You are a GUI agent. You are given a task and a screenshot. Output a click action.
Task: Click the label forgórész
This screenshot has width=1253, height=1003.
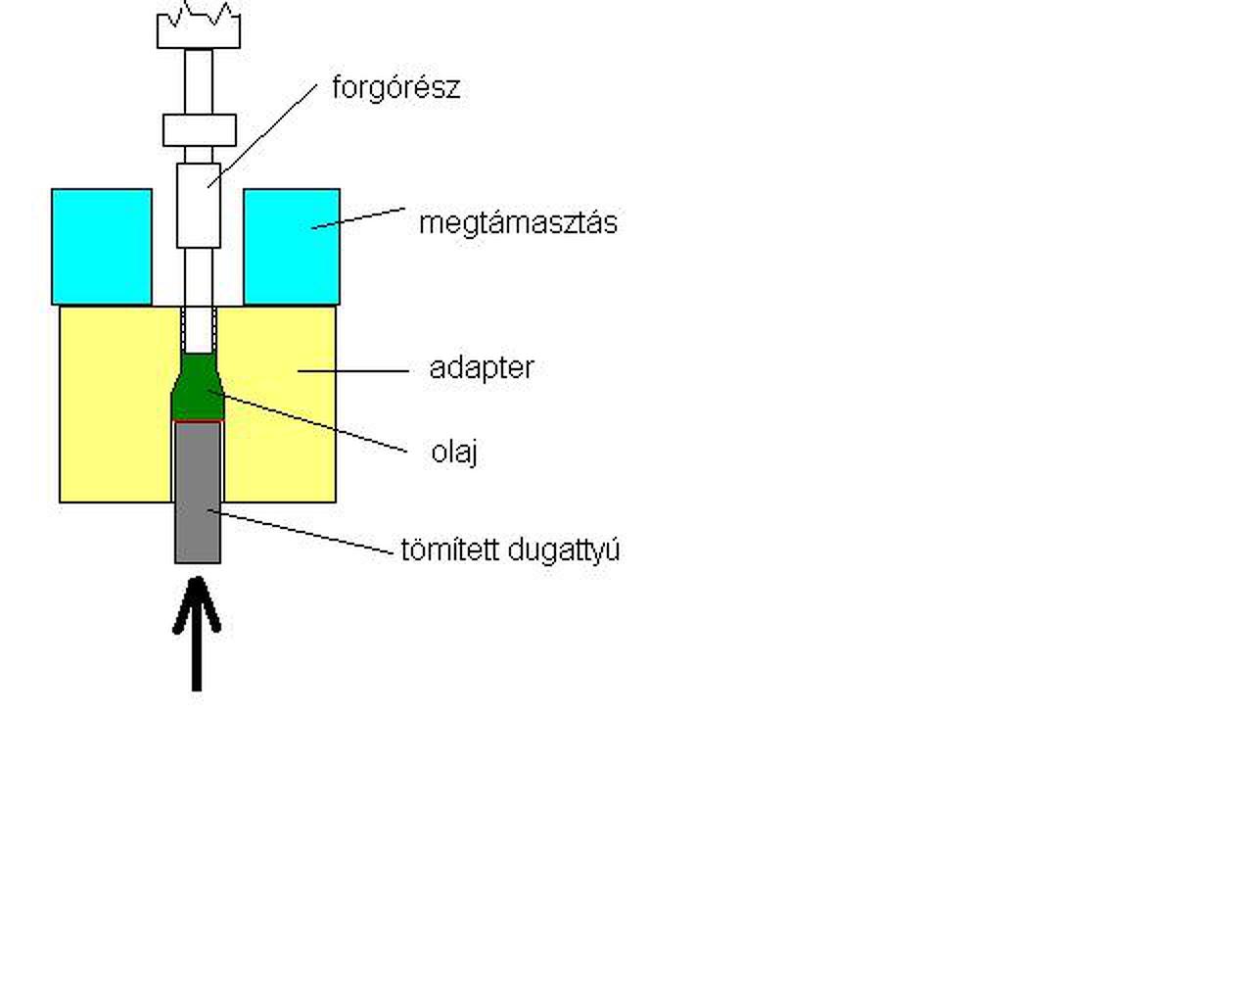395,88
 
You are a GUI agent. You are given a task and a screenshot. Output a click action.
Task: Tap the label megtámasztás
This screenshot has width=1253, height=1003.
518,223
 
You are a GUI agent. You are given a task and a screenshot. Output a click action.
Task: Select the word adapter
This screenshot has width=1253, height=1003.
481,368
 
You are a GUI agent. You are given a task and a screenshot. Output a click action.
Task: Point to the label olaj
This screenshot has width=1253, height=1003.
454,452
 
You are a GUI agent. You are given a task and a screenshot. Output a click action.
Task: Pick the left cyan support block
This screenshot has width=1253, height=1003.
102,246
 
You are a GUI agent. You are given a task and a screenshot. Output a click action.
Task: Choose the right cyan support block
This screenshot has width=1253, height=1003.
292,246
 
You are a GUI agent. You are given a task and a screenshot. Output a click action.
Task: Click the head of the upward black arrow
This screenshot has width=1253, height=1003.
197,597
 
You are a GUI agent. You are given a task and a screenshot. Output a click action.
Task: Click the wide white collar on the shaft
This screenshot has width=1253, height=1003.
199,130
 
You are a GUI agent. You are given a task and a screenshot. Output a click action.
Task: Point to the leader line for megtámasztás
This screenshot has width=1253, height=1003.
358,217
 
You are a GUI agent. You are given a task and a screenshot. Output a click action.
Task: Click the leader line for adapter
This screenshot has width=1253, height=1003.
352,370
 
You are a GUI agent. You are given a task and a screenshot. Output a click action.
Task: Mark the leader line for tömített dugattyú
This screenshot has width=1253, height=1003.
303,533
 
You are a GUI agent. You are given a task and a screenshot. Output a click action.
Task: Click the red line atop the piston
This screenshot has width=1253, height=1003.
198,422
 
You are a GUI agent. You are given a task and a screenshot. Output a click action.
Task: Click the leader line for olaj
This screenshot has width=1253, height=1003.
308,422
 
